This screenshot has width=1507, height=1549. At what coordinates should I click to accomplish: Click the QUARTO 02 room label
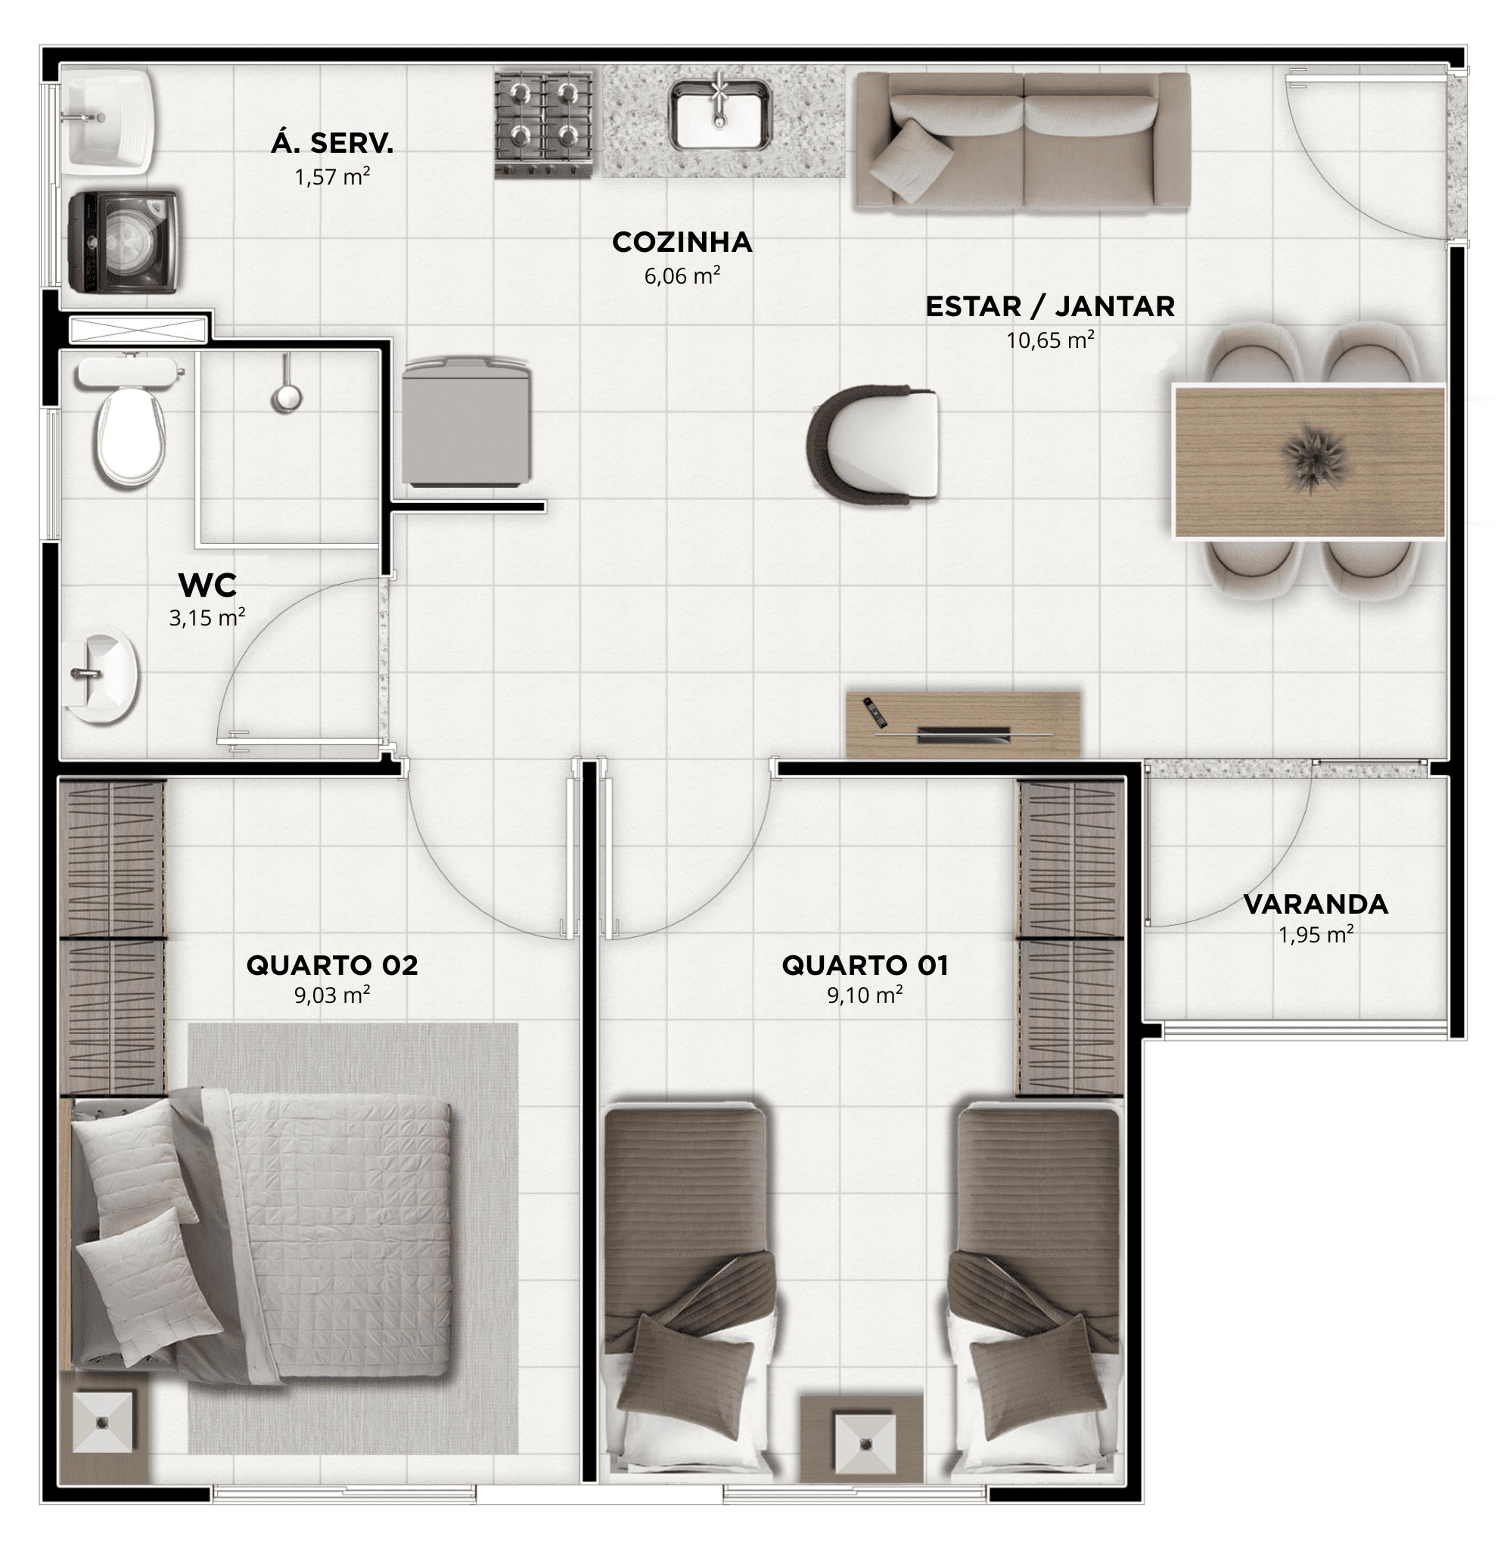pos(331,965)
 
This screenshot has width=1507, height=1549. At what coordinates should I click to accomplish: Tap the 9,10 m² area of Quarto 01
pos(865,995)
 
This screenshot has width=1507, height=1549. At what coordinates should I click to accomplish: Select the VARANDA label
pos(1316,905)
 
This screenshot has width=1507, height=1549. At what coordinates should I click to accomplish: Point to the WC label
pos(207,586)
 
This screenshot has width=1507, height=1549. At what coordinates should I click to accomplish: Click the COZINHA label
pos(682,242)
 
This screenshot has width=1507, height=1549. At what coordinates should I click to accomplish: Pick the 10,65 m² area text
pos(1050,340)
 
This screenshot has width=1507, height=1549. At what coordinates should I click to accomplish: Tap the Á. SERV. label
pos(332,143)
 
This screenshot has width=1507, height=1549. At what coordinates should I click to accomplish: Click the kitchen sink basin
pos(719,115)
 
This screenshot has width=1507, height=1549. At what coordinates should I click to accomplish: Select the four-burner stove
pos(544,124)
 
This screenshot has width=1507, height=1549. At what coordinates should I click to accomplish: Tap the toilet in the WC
pos(129,421)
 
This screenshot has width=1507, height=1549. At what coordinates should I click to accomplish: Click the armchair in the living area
pos(873,445)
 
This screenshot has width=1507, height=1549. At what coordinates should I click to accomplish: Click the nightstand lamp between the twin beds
pos(865,1444)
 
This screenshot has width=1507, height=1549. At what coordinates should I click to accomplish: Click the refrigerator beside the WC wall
pos(465,421)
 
